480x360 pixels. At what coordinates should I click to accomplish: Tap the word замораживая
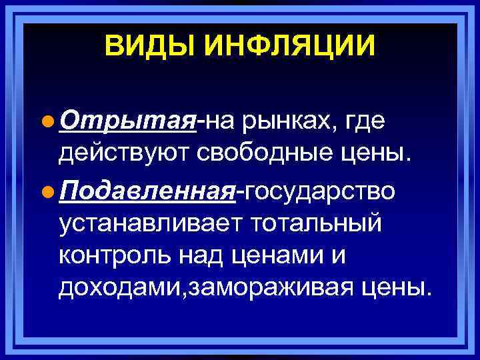click(x=269, y=289)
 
